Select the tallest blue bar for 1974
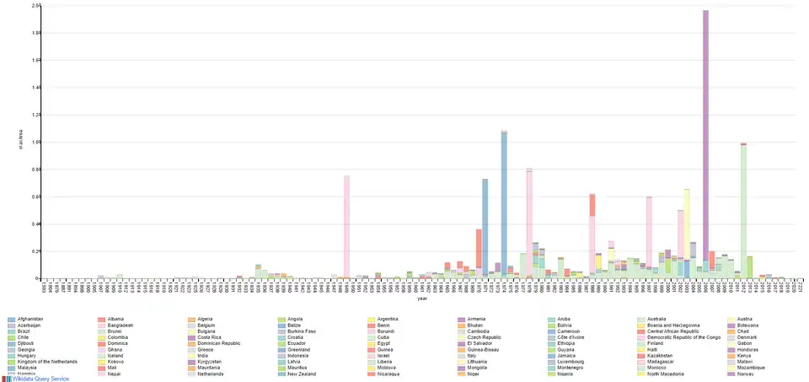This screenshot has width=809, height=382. (504, 202)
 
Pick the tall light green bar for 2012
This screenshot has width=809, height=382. (743, 211)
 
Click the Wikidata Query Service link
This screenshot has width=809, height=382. (40, 379)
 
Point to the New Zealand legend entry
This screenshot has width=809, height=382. (302, 374)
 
